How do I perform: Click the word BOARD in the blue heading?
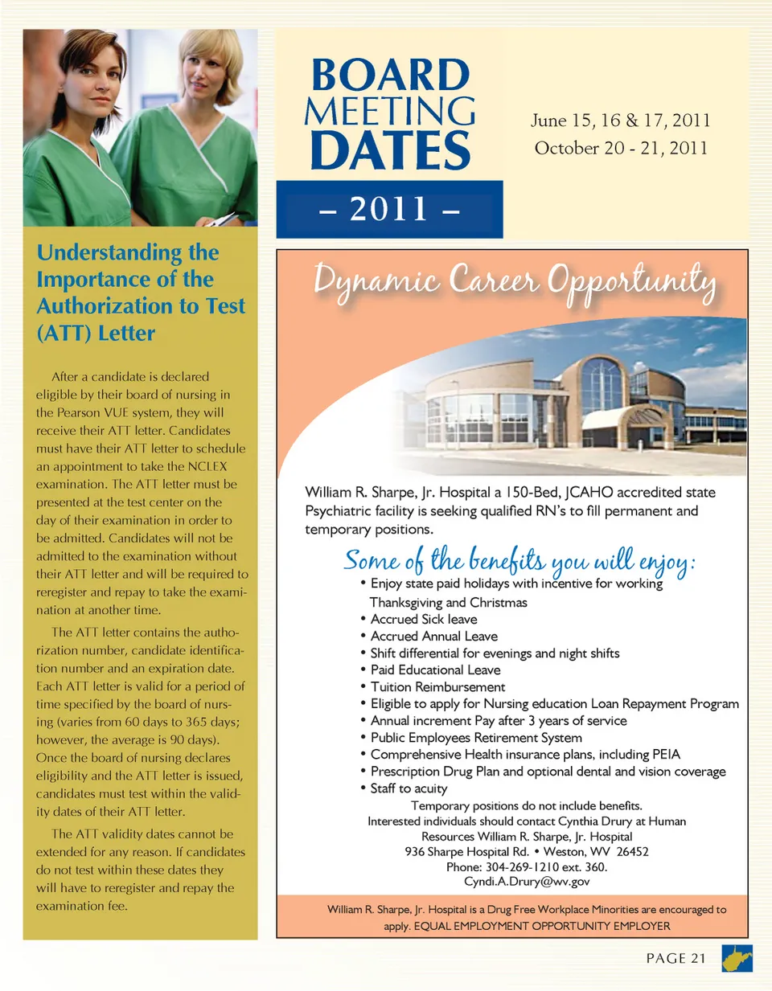click(390, 76)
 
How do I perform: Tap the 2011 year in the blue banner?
click(389, 209)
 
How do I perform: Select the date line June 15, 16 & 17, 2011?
click(620, 121)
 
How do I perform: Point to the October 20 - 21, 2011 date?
click(621, 148)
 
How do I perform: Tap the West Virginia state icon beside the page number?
click(737, 958)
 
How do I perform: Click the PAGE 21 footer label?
click(675, 958)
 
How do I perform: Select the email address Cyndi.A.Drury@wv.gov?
click(527, 882)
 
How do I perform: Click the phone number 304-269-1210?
click(520, 867)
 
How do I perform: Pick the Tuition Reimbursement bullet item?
click(437, 687)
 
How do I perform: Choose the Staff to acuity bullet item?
click(409, 788)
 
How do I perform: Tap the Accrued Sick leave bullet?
click(424, 619)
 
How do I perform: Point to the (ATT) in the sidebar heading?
click(63, 334)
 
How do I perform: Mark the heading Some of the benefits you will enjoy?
click(519, 559)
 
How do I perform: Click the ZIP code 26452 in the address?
click(632, 852)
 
